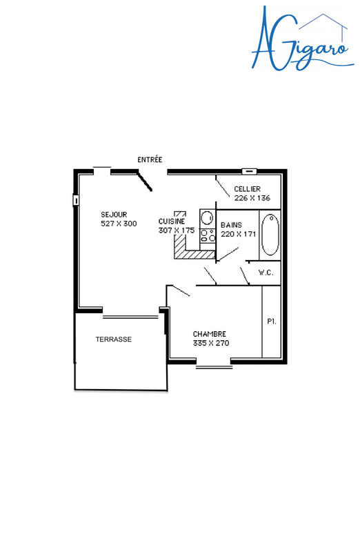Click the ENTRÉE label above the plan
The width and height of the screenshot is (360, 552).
click(150, 159)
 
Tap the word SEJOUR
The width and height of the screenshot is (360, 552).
click(114, 215)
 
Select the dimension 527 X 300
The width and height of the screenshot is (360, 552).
click(119, 224)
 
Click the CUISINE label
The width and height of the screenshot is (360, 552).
click(171, 221)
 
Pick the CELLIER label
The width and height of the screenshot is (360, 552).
click(247, 189)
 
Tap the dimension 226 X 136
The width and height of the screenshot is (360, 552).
click(252, 198)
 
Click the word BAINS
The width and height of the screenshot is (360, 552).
click(232, 225)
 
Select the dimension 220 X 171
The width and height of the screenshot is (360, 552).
click(238, 234)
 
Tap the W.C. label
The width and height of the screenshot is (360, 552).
click(266, 273)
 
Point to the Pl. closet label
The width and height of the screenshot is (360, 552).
click(271, 322)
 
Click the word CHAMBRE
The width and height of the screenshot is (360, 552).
click(209, 333)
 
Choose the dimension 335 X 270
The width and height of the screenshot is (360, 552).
click(211, 342)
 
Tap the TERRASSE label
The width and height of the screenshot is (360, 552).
click(113, 339)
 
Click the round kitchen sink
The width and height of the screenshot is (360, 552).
click(206, 215)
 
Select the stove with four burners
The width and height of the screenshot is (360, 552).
click(206, 236)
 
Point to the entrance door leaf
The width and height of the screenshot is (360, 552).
click(146, 181)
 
